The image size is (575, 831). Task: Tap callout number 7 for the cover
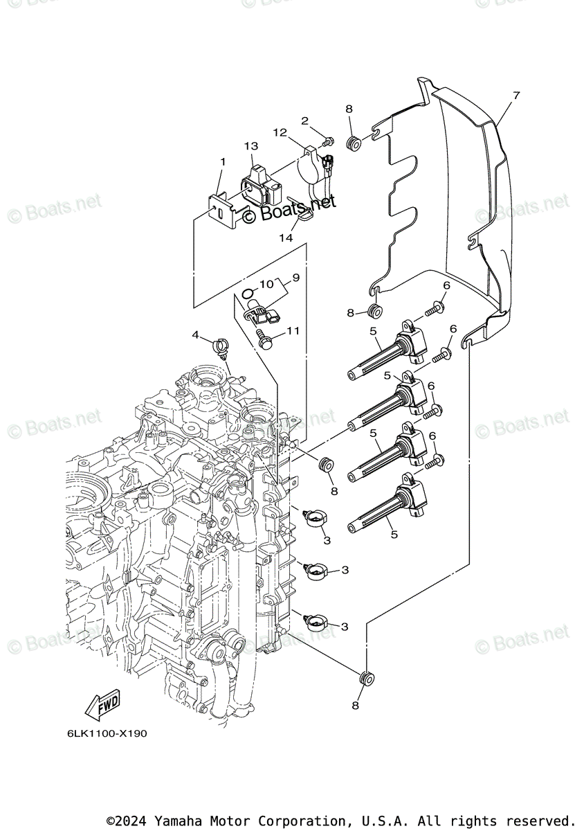[516, 94]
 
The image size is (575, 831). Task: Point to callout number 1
[222, 161]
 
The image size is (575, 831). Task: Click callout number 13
[250, 146]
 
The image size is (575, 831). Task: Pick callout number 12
[280, 132]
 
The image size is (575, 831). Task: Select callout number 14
[286, 238]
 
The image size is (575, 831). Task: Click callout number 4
[196, 335]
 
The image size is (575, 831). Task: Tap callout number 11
[293, 331]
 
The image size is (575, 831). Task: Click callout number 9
[295, 277]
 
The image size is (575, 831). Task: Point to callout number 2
[304, 120]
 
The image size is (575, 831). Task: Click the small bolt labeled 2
[327, 143]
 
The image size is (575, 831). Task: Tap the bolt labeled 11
[264, 340]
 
